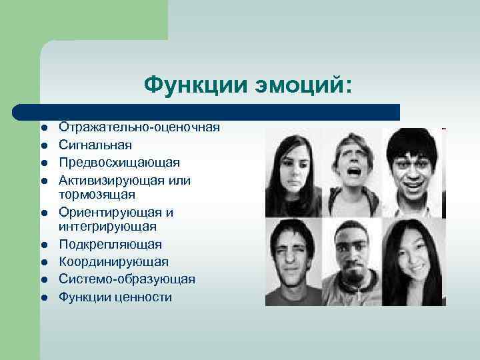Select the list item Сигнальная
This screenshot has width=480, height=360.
coord(95,145)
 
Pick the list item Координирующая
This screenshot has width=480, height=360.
coord(113,262)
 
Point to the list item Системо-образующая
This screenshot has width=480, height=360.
coord(127,279)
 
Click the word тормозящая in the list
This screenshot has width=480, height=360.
coord(97,195)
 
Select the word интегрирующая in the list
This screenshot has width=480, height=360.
coord(107,228)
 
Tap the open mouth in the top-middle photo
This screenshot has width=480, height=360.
coord(352,177)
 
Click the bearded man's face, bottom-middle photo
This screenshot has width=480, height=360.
coord(353,257)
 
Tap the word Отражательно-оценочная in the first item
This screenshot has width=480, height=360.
coord(139,127)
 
